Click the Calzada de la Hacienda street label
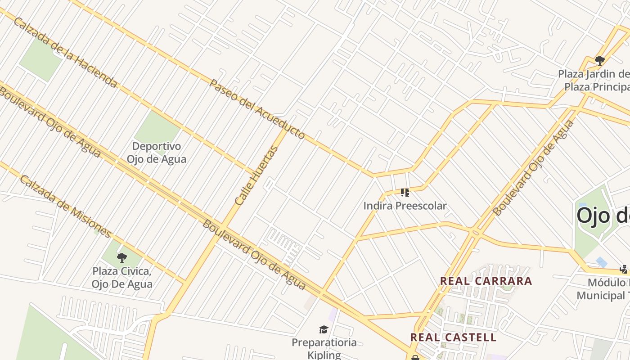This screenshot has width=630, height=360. click(66, 53)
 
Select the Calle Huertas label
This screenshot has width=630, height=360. click(257, 175)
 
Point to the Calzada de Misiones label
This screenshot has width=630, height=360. click(66, 207)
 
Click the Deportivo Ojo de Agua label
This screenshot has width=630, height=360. click(156, 153)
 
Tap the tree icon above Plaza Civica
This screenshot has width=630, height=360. click(121, 258)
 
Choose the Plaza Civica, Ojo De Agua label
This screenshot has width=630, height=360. click(122, 278)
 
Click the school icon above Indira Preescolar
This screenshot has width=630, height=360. click(405, 193)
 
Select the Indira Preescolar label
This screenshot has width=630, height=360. click(405, 206)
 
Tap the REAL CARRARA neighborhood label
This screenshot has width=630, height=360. click(486, 281)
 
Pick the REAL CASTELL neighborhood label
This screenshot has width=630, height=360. click(453, 337)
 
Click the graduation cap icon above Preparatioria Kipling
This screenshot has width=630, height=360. click(324, 330)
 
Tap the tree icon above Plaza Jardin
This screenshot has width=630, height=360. click(599, 60)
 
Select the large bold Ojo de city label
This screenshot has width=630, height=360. click(603, 216)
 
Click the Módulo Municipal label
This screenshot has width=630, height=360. click(603, 289)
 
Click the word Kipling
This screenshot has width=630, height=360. click(324, 355)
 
